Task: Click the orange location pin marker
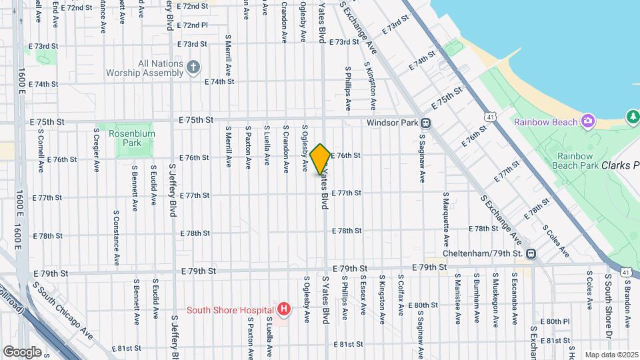pyautogui.click(x=321, y=159)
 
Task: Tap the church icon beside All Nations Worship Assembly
pyautogui.click(x=193, y=67)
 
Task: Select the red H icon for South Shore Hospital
pyautogui.click(x=284, y=309)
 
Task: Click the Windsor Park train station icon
pyautogui.click(x=425, y=123)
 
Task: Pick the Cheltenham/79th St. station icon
pyautogui.click(x=531, y=253)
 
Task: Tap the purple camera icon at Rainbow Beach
pyautogui.click(x=588, y=121)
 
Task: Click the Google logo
pyautogui.click(x=22, y=351)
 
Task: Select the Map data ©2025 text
pyautogui.click(x=611, y=355)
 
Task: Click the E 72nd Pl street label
pyautogui.click(x=193, y=25)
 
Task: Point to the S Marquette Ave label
pyautogui.click(x=445, y=219)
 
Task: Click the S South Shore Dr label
pyautogui.click(x=609, y=303)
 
